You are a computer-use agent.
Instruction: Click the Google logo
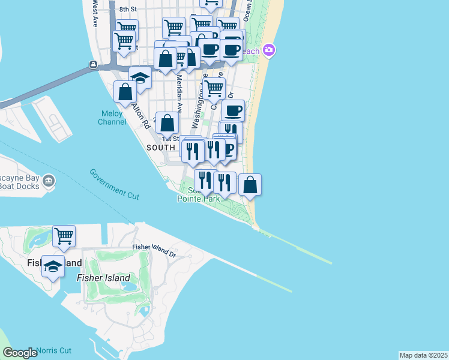(x=20, y=353)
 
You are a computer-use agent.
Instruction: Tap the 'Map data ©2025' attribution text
(x=423, y=355)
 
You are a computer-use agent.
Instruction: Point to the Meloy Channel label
(x=112, y=118)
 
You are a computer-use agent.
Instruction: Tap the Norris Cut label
(x=54, y=350)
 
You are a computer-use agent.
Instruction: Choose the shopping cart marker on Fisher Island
(x=64, y=235)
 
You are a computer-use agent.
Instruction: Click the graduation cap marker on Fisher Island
(x=53, y=266)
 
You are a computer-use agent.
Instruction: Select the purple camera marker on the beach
(x=269, y=50)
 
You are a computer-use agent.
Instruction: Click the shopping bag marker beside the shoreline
(x=250, y=184)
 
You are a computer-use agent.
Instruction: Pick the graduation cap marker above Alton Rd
(x=140, y=79)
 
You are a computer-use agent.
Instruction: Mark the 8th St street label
(x=128, y=9)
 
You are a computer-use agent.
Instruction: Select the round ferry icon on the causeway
(x=94, y=65)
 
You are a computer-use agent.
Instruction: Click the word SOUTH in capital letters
(x=160, y=147)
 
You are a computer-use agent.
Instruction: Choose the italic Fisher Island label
(x=103, y=278)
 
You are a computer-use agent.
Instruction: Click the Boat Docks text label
(x=20, y=185)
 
